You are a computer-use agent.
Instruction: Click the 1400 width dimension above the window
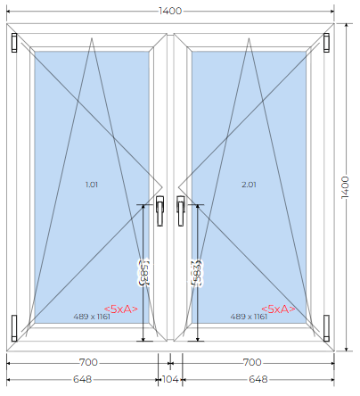click(170, 11)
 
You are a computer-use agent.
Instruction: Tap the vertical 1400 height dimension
click(345, 187)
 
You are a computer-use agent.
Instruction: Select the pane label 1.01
click(92, 185)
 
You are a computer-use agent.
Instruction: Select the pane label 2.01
click(249, 185)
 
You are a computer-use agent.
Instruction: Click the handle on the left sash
click(160, 210)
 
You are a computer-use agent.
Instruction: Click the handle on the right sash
click(181, 210)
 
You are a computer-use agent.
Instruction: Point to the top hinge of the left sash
click(14, 43)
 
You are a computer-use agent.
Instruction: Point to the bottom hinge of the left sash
click(14, 328)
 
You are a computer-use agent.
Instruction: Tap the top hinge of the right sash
click(326, 43)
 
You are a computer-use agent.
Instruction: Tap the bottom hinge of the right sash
click(326, 328)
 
